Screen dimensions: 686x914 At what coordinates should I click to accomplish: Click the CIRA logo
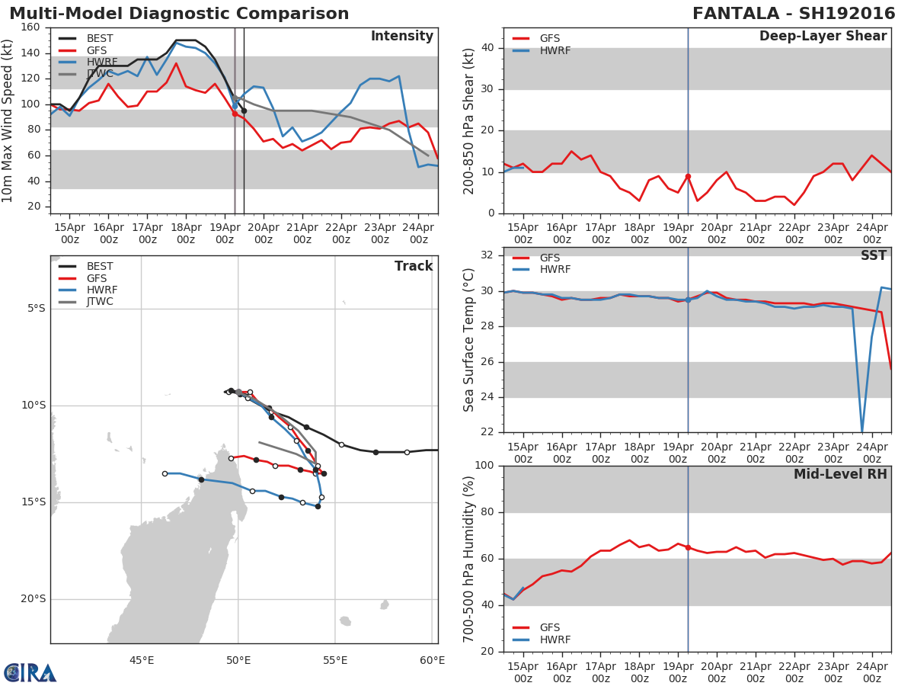point(30,672)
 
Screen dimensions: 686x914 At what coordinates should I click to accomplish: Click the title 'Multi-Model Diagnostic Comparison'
point(179,14)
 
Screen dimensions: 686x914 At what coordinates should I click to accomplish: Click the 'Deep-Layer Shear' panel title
point(823,37)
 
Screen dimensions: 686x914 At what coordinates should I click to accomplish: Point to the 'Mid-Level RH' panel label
point(840,475)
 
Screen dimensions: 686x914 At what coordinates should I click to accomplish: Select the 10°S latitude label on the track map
point(34,406)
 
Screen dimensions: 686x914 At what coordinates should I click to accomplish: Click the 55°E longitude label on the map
point(335,660)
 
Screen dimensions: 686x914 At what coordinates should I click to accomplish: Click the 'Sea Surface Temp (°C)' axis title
point(469,340)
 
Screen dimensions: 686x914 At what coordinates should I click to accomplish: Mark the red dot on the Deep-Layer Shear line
point(688,176)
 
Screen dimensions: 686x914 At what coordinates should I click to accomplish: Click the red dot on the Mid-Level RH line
point(688,547)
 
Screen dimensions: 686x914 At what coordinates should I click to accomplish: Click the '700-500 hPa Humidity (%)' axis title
point(469,559)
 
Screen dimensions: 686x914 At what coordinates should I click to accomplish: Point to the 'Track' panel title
point(413,266)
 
